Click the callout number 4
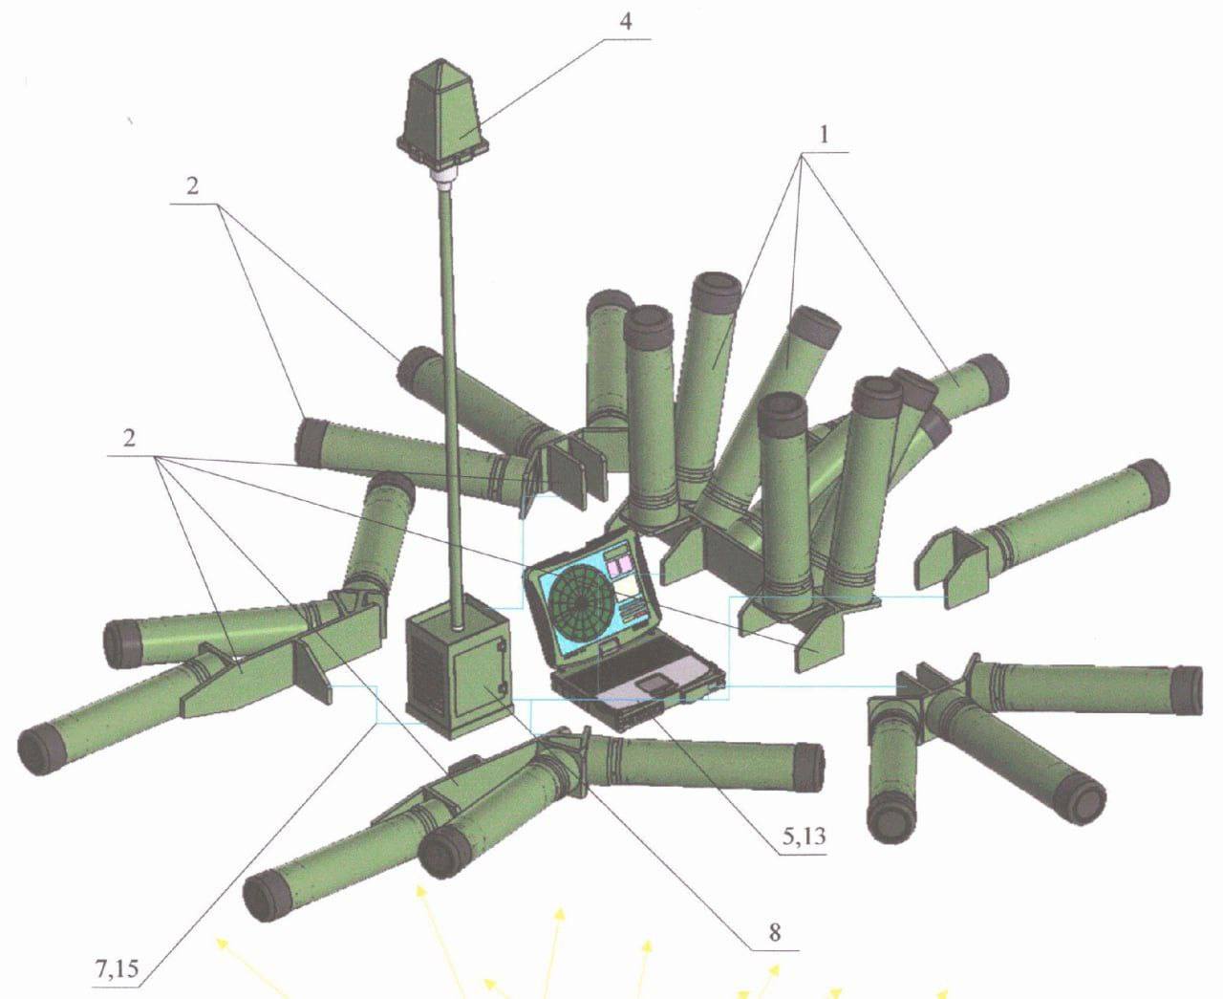pyautogui.click(x=625, y=21)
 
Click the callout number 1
pyautogui.click(x=824, y=136)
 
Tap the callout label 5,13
pyautogui.click(x=803, y=836)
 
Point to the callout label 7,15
pyautogui.click(x=118, y=968)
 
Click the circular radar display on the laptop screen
pyautogui.click(x=580, y=604)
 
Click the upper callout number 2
pyautogui.click(x=192, y=186)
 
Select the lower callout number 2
pyautogui.click(x=129, y=438)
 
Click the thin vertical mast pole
pyautogui.click(x=453, y=406)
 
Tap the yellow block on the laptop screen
pyautogui.click(x=626, y=589)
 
